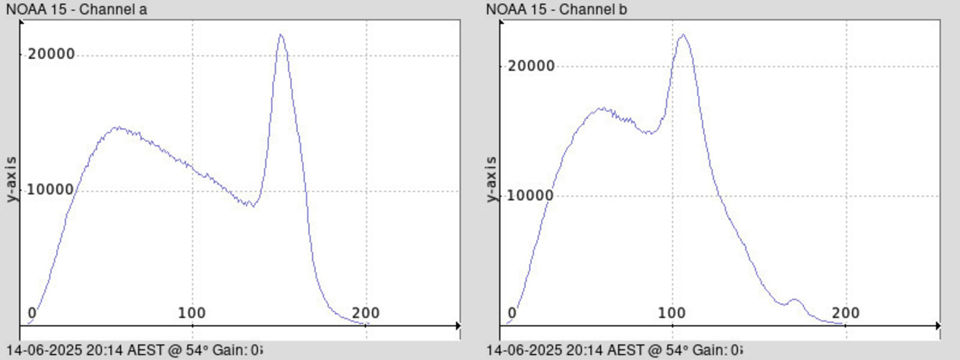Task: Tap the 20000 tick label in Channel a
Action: point(51,55)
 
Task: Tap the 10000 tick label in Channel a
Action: point(51,189)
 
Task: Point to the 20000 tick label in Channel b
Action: point(530,66)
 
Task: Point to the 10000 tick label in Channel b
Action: point(530,195)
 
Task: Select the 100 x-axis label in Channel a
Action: point(192,312)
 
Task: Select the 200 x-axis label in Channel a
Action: point(366,312)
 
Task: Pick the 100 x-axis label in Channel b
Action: point(672,312)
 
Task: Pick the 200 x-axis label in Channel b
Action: point(846,312)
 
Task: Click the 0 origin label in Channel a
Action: point(32,312)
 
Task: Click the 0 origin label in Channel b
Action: point(512,312)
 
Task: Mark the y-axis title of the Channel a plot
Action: point(12,179)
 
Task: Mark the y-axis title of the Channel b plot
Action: point(492,179)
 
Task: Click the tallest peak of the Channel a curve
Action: point(281,35)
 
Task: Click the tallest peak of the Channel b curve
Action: point(682,35)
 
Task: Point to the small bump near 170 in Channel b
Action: point(794,300)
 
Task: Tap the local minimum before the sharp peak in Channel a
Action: point(250,205)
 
